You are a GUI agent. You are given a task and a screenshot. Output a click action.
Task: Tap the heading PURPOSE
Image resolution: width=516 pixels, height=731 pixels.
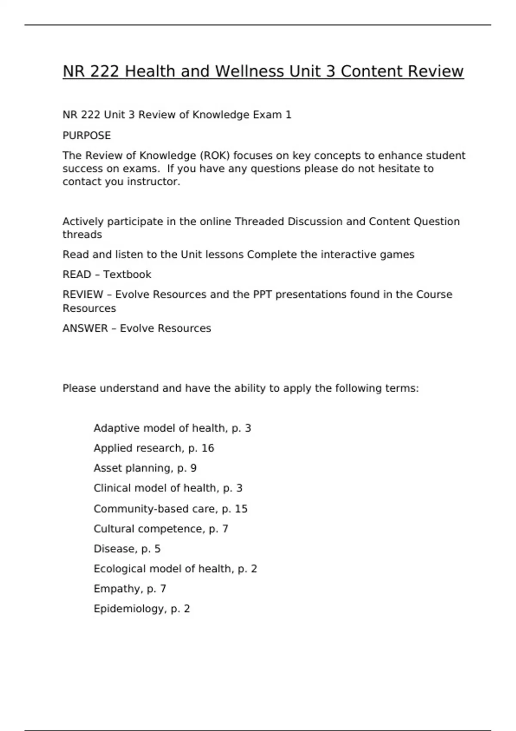(86, 136)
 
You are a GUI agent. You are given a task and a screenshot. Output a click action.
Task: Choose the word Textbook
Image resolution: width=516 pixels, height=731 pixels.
(127, 275)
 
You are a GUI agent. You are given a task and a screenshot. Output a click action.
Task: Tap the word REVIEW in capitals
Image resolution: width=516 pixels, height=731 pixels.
(83, 295)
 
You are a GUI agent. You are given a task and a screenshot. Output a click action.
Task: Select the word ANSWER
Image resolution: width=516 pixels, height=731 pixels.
(85, 329)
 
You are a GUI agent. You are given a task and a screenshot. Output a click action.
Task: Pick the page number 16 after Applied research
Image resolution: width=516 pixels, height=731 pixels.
(207, 448)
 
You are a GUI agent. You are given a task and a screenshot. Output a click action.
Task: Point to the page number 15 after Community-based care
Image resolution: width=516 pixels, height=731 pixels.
(241, 509)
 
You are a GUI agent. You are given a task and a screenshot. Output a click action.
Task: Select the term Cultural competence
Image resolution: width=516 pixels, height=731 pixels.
(148, 529)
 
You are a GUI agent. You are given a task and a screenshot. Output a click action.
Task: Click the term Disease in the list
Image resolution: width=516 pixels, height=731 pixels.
(114, 549)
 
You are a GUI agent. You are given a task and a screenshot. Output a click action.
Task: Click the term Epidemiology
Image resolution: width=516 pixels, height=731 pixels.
(129, 609)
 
